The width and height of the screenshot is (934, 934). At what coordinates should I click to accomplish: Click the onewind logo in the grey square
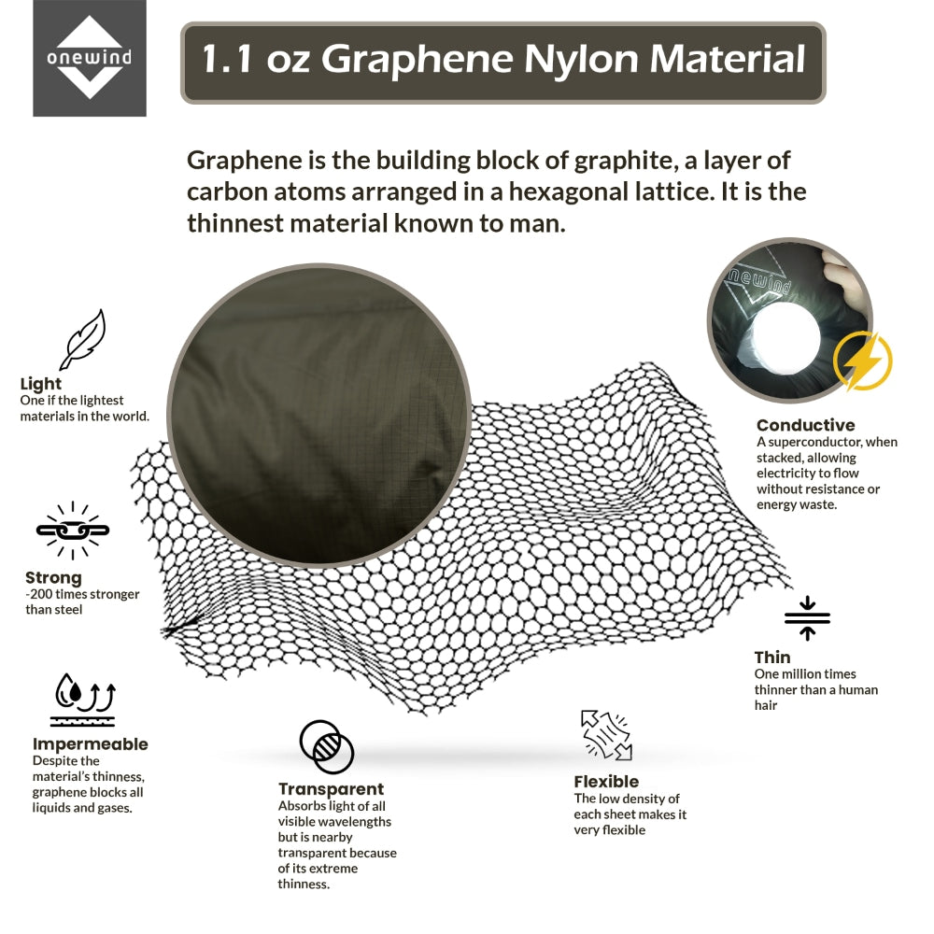(x=90, y=58)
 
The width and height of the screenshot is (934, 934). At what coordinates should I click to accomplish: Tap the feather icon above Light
(x=83, y=340)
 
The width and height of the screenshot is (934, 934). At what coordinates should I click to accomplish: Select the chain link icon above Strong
(x=73, y=531)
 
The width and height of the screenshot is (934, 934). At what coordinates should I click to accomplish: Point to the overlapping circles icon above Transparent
(x=326, y=746)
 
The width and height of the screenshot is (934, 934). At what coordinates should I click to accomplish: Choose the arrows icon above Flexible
(x=606, y=735)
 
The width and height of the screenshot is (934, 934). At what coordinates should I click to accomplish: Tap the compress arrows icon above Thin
(x=807, y=618)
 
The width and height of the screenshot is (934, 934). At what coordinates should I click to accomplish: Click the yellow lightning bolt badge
(x=862, y=361)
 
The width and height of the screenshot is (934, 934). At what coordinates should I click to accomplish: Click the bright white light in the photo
(x=786, y=340)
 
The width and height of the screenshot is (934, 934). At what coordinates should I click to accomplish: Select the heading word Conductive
(x=805, y=425)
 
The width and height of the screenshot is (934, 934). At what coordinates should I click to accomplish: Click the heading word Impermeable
(x=90, y=744)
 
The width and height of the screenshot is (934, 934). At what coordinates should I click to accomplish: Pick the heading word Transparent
(x=332, y=789)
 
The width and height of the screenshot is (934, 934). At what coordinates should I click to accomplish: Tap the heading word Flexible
(x=606, y=782)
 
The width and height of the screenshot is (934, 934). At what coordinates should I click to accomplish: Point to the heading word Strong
(x=53, y=578)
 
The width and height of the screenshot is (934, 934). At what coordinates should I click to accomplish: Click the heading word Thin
(x=772, y=658)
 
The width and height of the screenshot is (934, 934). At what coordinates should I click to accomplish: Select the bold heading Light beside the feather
(x=40, y=384)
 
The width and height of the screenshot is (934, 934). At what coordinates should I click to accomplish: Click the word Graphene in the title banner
(x=417, y=60)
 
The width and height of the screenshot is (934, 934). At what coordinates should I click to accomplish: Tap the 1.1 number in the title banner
(x=226, y=59)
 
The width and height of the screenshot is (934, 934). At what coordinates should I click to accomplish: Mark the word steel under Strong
(x=69, y=609)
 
